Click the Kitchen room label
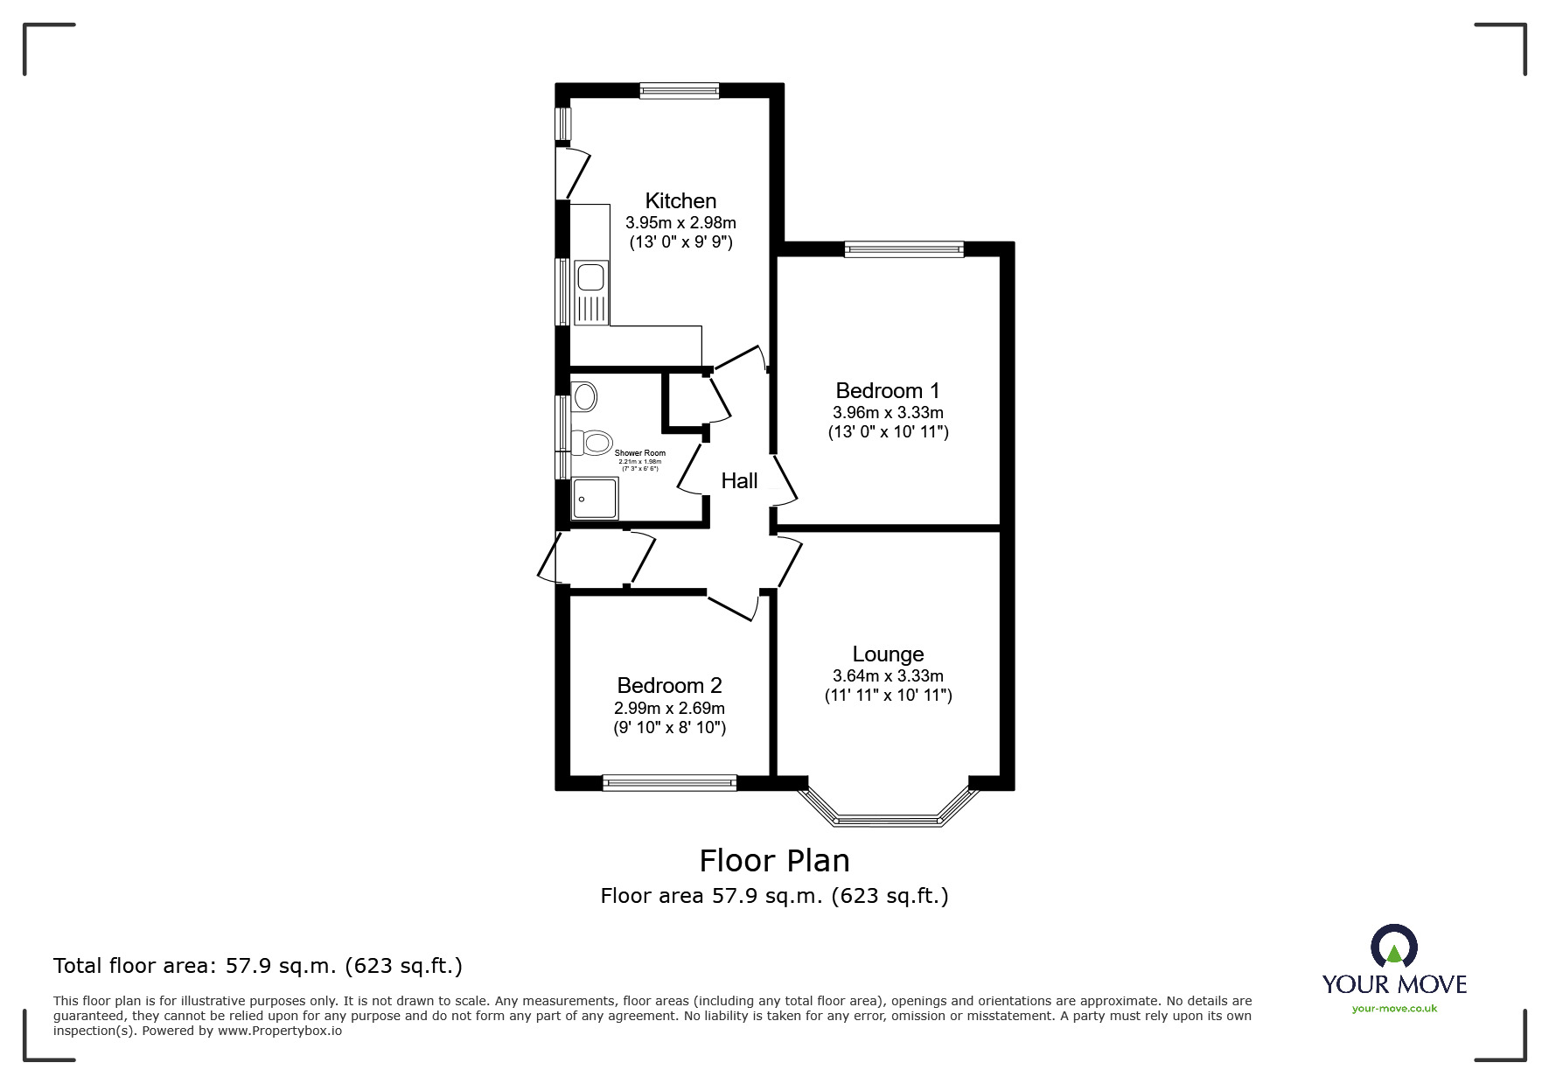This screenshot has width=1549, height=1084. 680,201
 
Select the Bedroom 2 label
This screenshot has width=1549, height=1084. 669,686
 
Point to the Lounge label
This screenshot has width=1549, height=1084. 888,654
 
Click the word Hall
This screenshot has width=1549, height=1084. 739,480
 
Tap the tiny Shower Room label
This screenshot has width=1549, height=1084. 639,453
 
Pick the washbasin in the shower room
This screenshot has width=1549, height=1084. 584,397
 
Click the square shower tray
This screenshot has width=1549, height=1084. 595,500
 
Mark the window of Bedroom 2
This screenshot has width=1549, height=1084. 669,783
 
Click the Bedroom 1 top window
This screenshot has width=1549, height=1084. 904,249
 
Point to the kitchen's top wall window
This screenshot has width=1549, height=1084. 679,90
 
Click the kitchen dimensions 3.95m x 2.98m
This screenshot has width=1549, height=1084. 680,223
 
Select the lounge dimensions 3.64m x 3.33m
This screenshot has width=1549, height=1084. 888,676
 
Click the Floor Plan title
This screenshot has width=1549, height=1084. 774,861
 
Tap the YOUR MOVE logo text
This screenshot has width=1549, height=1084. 1394,984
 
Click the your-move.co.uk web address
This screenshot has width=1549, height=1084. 1394,1009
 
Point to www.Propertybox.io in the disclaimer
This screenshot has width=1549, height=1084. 279,1031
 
